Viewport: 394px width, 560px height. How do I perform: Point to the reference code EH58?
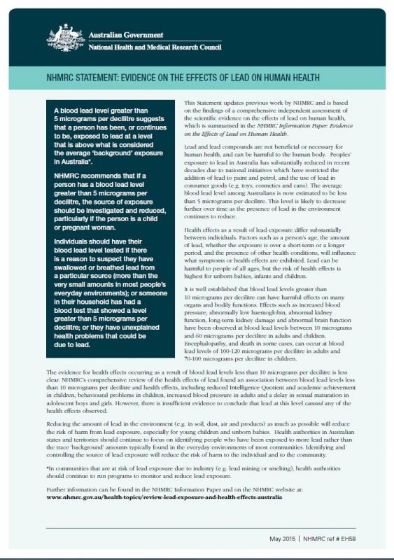tap(368, 537)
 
